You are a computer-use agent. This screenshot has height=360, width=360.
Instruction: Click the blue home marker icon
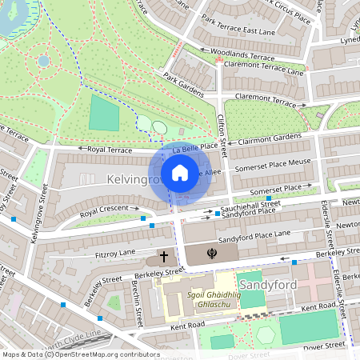pos(180,173)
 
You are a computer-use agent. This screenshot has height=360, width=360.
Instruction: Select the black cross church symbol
pos(164,258)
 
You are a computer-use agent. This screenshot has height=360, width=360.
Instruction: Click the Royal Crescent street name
pos(104,210)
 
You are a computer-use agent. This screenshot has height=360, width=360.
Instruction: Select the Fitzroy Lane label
pos(115,252)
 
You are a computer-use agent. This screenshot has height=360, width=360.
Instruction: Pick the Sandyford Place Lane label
pos(256,234)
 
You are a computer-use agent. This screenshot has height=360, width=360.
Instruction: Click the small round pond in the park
pos(44,60)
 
